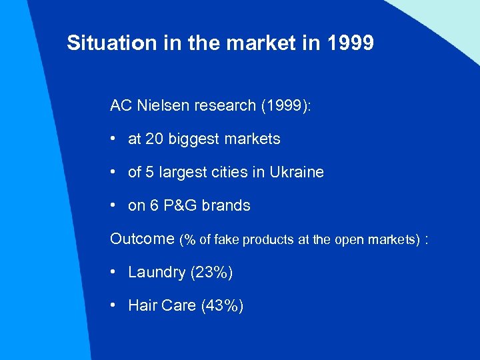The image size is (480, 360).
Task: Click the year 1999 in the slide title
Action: click(x=351, y=44)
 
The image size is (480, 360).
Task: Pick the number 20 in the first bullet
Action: click(x=155, y=139)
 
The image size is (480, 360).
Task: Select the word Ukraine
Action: click(x=297, y=172)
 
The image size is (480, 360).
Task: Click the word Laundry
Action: click(x=157, y=273)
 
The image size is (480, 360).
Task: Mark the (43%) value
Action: click(x=223, y=306)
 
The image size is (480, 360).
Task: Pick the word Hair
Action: click(x=142, y=306)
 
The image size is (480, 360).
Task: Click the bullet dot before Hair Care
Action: click(x=115, y=305)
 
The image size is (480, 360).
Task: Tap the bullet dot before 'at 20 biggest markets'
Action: click(x=115, y=139)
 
